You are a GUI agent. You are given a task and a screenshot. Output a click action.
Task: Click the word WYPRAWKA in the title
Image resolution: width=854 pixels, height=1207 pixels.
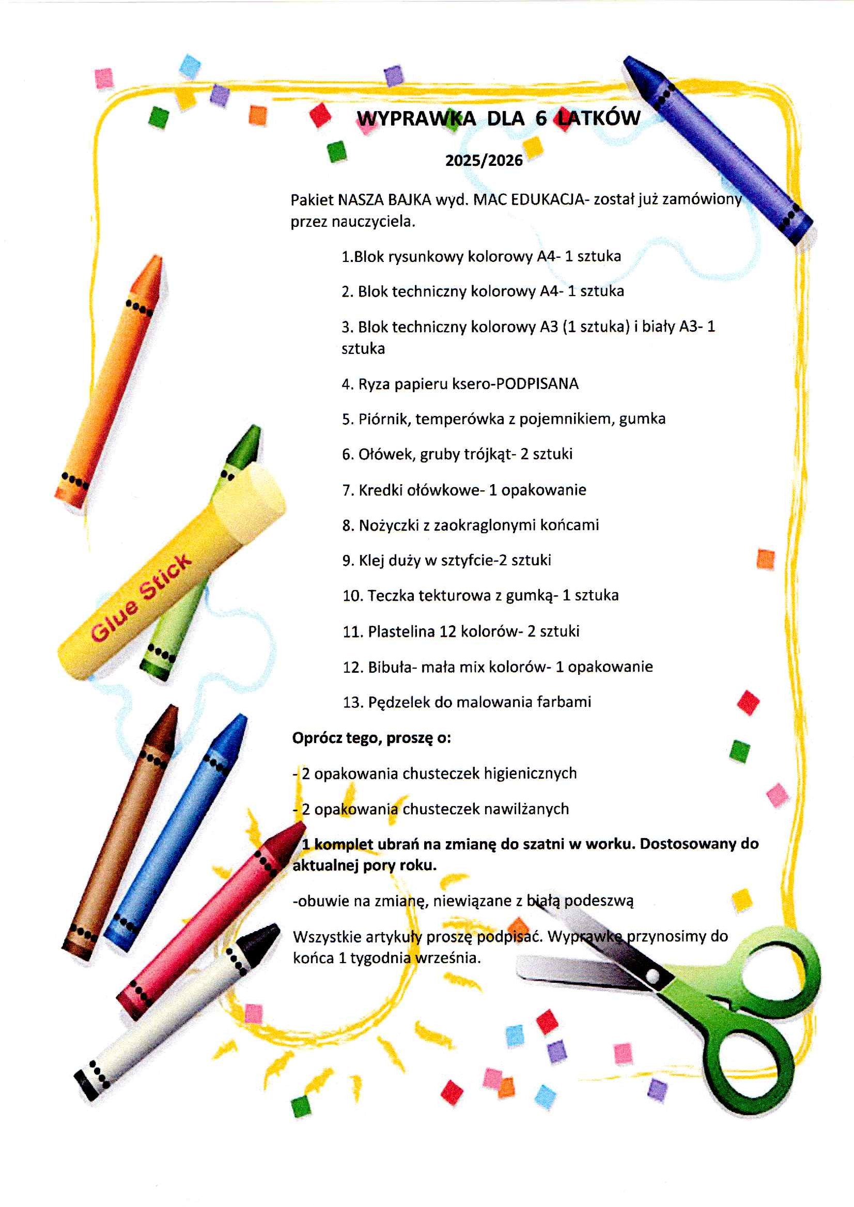tap(416, 118)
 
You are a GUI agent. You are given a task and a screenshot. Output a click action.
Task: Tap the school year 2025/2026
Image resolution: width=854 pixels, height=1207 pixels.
tap(484, 160)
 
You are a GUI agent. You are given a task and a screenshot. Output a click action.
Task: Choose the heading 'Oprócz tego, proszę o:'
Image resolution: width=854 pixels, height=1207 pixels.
tap(371, 738)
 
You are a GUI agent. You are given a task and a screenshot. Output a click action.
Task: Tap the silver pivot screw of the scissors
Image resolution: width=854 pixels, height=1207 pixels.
tap(652, 976)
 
